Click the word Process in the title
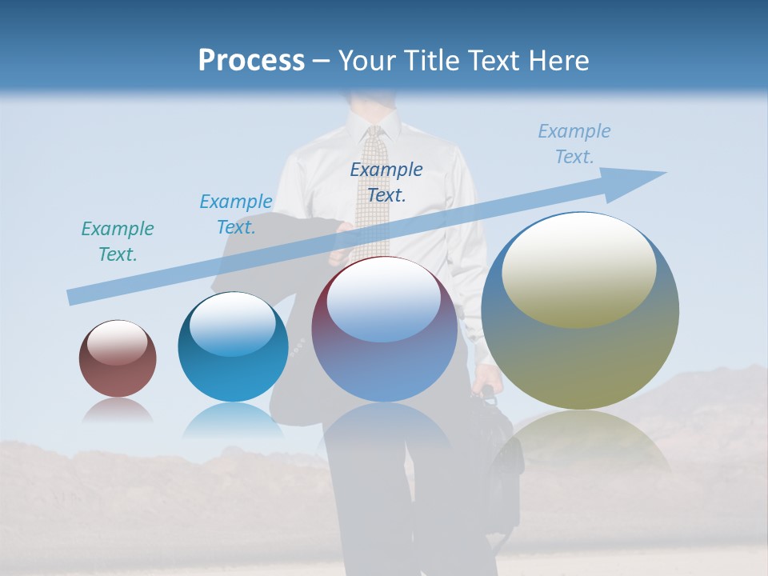pyautogui.click(x=251, y=61)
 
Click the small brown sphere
pyautogui.click(x=118, y=358)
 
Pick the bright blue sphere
pyautogui.click(x=233, y=346)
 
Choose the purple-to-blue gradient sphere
pyautogui.click(x=385, y=329)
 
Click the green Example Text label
pyautogui.click(x=118, y=241)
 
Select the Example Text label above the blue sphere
pyautogui.click(x=235, y=214)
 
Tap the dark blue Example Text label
pyautogui.click(x=386, y=182)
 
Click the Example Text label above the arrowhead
pyautogui.click(x=574, y=143)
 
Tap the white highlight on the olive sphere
pyautogui.click(x=578, y=268)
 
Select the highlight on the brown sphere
pyautogui.click(x=118, y=343)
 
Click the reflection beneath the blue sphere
pyautogui.click(x=233, y=419)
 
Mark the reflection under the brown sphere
pyautogui.click(x=118, y=410)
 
